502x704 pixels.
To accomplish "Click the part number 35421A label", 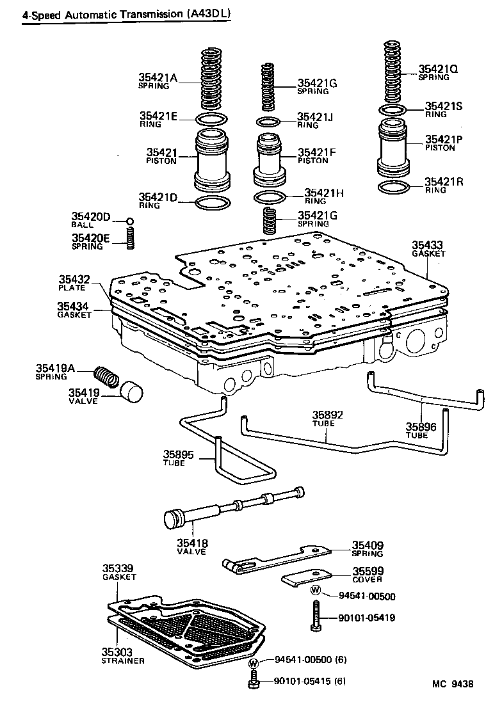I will coord(157,78).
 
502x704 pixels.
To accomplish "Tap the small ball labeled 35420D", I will coord(130,221).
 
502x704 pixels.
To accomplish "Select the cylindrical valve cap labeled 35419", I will coord(131,391).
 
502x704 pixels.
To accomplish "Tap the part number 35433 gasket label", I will coord(427,244).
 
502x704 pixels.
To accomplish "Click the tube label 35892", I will coord(327,415).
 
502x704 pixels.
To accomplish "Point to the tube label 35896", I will coord(421,426).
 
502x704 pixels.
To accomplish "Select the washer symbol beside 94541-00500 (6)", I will coord(254,663).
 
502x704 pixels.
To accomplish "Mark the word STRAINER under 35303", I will coord(122,660).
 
